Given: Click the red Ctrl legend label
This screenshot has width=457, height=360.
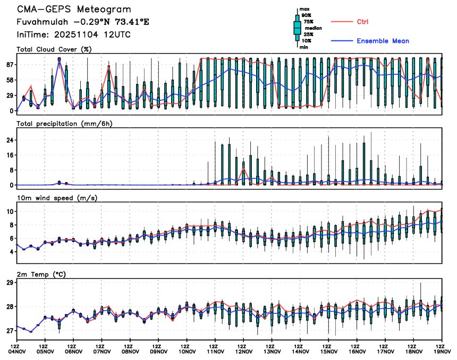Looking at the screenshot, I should click(362, 22).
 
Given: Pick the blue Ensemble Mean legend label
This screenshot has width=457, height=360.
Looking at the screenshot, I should click(383, 41).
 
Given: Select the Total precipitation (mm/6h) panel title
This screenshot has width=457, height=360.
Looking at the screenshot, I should click(64, 124).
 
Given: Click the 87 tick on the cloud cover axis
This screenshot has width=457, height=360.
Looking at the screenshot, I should click(10, 65).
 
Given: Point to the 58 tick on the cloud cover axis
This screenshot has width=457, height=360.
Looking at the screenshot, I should click(10, 80).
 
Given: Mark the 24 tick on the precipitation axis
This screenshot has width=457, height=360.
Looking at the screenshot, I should click(10, 140).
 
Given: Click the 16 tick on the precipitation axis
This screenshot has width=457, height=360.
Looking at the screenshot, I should click(10, 155).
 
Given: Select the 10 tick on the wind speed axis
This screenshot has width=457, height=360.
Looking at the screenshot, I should click(10, 211).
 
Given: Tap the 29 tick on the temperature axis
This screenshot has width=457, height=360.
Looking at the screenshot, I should click(10, 283).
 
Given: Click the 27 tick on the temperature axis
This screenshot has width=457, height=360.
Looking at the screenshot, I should click(10, 331).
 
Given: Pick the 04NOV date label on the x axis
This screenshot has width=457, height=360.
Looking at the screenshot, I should click(17, 351).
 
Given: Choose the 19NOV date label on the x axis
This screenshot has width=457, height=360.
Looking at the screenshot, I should click(442, 351).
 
